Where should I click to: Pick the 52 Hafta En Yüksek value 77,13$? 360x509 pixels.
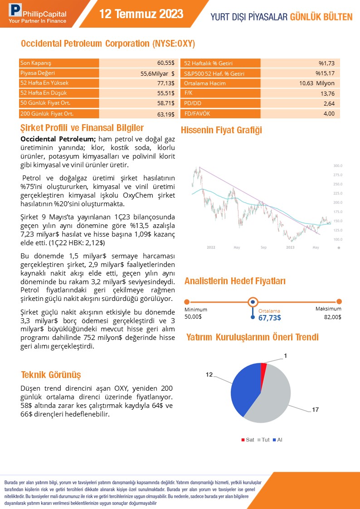165,83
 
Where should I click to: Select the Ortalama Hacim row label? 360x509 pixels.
205,83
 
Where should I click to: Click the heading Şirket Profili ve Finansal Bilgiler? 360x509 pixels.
82,128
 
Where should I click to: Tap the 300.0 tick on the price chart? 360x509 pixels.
337,165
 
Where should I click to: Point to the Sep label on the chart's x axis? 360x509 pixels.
263,247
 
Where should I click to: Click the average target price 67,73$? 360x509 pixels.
269,318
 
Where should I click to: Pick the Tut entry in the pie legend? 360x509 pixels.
265,440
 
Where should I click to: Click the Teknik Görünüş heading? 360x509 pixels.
51,375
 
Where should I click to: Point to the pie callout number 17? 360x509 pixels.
315,410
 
